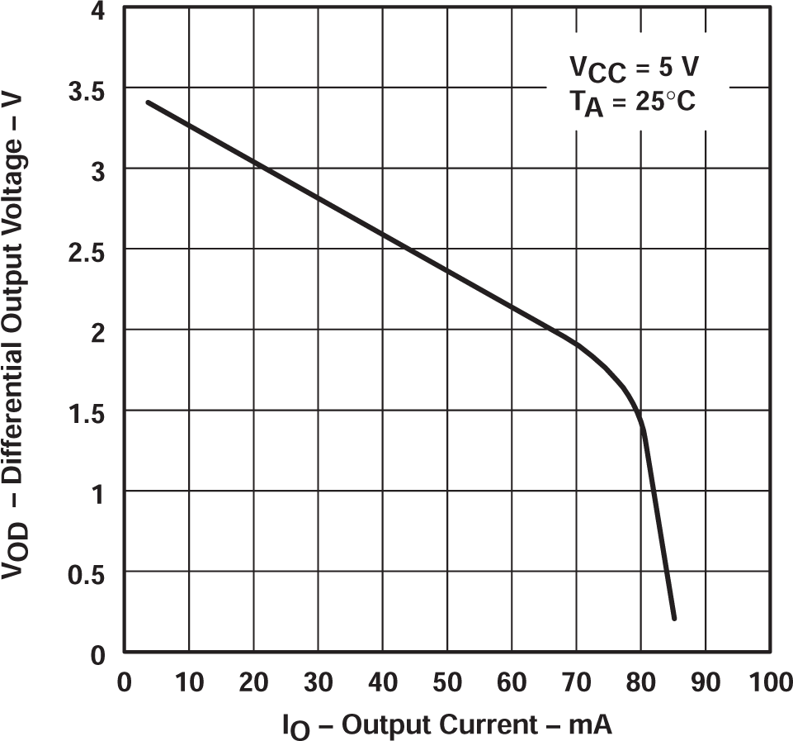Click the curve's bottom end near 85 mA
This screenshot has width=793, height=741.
coord(674,617)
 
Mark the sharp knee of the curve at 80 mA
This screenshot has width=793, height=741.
coord(641,425)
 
